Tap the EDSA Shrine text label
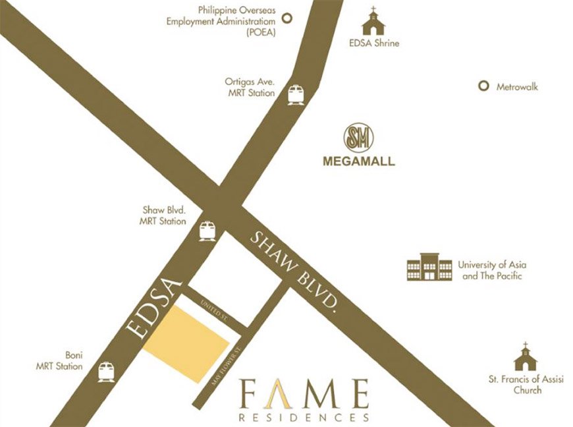(373, 43)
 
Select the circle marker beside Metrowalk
(483, 86)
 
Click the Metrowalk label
(517, 86)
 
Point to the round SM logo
(359, 138)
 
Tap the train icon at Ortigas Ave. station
(296, 94)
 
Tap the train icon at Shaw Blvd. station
(207, 231)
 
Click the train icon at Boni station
(106, 372)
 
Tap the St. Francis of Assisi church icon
(526, 357)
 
